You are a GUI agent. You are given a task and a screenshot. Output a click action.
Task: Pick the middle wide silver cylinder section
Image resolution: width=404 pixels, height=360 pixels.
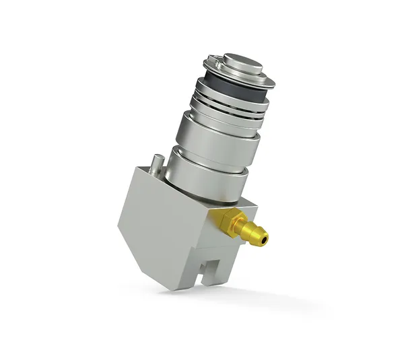click(x=215, y=139)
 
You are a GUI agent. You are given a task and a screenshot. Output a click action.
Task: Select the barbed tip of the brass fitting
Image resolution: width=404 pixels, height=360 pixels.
click(x=253, y=232)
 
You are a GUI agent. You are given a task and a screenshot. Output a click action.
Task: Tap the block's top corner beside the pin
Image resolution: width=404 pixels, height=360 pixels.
click(x=143, y=168)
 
